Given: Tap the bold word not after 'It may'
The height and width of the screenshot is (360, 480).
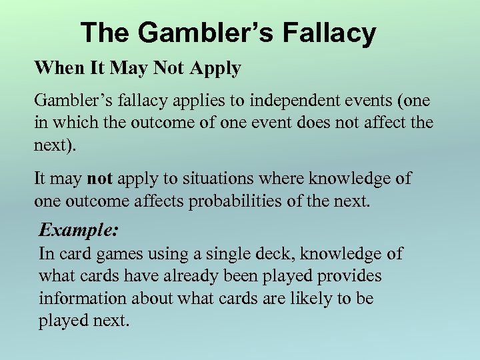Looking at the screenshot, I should coord(100,179).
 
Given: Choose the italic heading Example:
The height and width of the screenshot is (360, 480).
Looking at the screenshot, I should coord(79,231).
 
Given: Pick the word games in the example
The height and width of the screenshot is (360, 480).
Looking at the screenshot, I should coord(113,254).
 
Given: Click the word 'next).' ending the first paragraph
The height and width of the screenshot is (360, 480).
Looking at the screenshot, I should coord(55,144).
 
